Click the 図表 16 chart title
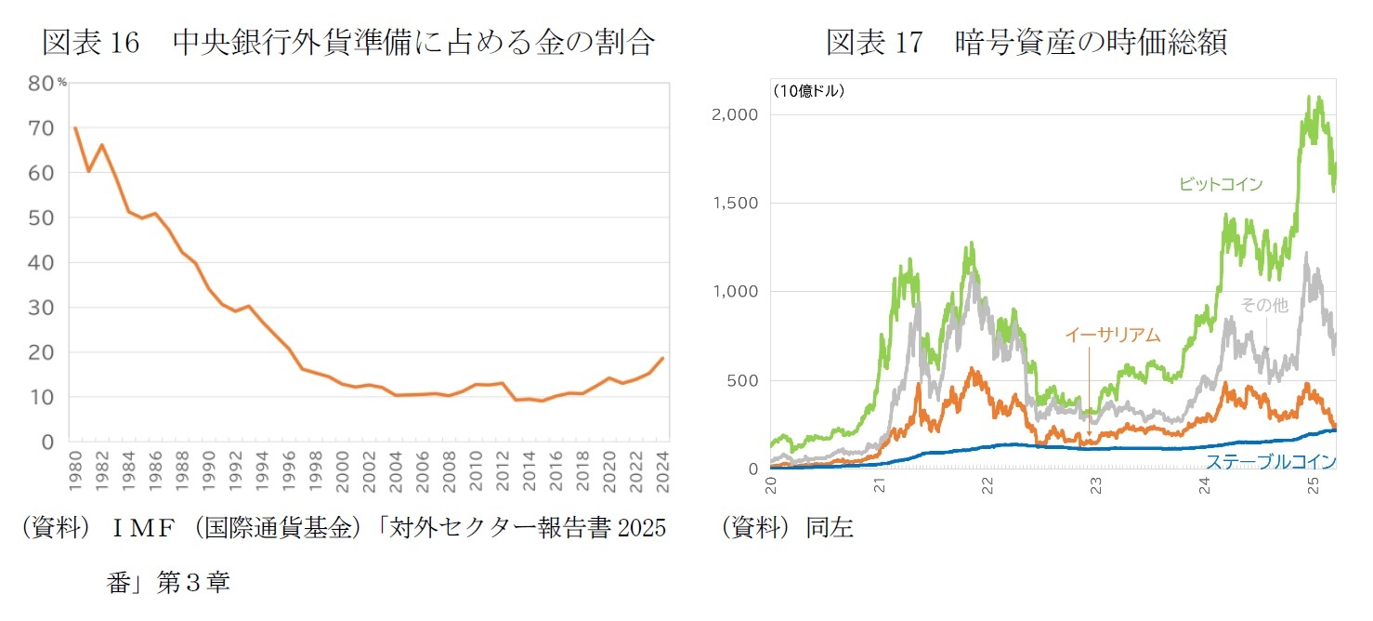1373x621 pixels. point(348,43)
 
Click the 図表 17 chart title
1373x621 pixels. point(1026,43)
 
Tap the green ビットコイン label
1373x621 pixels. point(1220,184)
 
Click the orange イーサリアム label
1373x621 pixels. point(1112,336)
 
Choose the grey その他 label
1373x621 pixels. point(1263,305)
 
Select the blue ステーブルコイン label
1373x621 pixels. point(1270,461)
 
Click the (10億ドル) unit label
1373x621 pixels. point(807,90)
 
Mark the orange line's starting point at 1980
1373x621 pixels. point(75,128)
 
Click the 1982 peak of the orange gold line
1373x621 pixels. point(102,144)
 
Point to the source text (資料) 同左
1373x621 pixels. point(787,528)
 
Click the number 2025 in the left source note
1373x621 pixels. point(641,528)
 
